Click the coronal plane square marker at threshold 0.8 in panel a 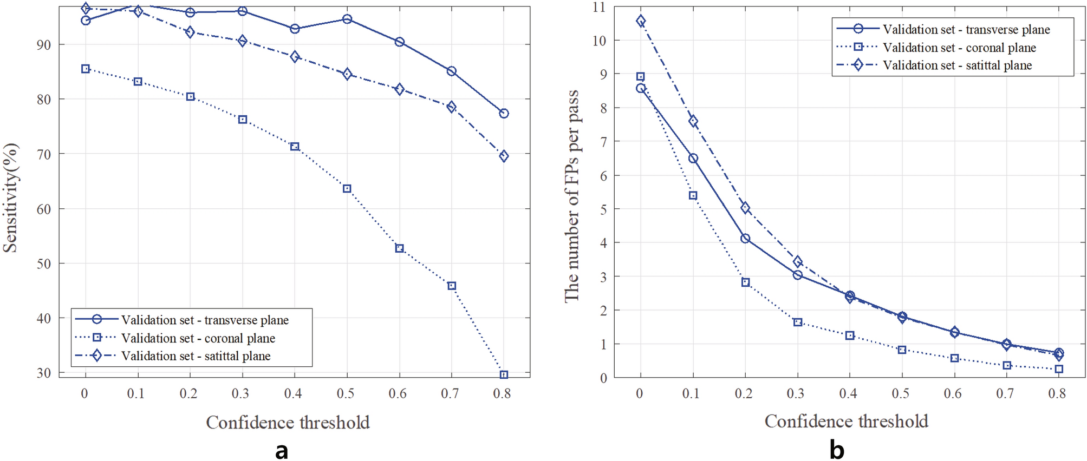pos(504,374)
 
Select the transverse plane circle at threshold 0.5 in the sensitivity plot pos(347,19)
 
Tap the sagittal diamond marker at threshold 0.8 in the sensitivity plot pos(504,156)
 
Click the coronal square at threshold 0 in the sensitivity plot pos(86,69)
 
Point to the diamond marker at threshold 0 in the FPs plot pos(641,21)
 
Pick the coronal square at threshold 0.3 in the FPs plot pos(798,322)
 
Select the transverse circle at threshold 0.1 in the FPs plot pos(693,159)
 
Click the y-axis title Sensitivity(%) pos(11,198)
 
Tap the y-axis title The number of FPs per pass pos(572,196)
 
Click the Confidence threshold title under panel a pos(288,423)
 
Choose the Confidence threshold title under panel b pos(847,422)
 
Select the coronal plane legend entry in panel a pos(198,338)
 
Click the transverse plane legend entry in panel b pos(966,29)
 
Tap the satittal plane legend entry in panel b pos(957,65)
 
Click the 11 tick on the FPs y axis pos(599,7)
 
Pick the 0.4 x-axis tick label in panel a pos(293,394)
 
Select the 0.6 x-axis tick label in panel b pos(953,394)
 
